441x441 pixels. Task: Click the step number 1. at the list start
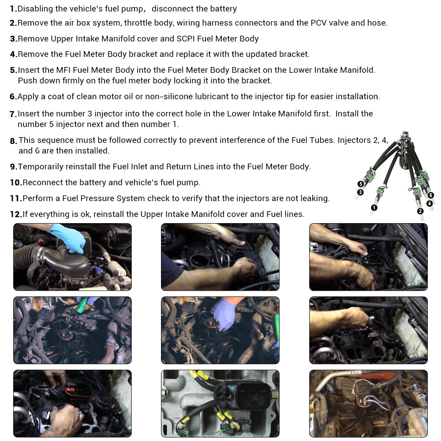[13, 9]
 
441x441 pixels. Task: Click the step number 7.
[13, 114]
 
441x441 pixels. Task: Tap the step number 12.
[16, 214]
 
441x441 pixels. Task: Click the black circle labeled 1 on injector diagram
[374, 207]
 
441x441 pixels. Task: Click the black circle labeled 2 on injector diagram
[420, 211]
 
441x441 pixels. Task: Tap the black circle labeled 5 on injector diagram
[360, 184]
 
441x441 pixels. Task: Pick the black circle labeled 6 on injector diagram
[430, 195]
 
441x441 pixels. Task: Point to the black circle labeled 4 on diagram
[430, 203]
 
